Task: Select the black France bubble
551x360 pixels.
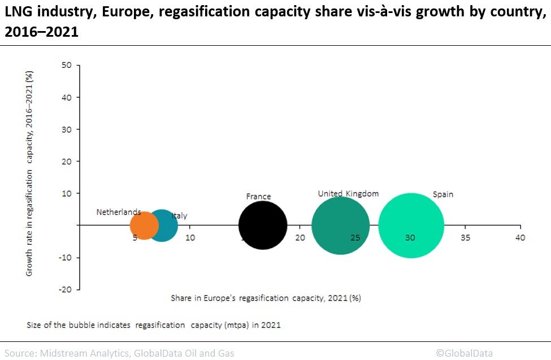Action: tap(263, 225)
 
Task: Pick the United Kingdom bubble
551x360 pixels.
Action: tap(341, 225)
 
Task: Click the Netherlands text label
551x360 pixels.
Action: tap(119, 212)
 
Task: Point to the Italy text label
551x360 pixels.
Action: tap(180, 216)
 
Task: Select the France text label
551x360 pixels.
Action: tap(258, 197)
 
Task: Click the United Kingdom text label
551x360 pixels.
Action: tap(348, 194)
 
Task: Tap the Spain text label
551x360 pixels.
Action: tap(443, 194)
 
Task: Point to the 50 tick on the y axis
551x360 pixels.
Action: tap(66, 66)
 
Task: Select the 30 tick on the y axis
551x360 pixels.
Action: tap(66, 129)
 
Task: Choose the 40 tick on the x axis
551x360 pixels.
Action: tap(520, 237)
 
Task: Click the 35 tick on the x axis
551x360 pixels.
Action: tap(465, 237)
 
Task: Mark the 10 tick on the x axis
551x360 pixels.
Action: tap(190, 237)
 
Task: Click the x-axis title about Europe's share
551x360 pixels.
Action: tap(266, 298)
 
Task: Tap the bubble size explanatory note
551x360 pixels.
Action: tap(153, 325)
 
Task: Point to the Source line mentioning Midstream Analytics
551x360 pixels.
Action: tap(117, 353)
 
